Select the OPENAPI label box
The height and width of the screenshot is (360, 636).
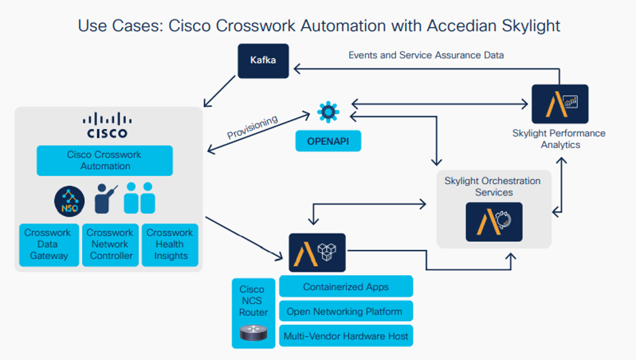coord(328,141)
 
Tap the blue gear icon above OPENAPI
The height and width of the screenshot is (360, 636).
coord(328,111)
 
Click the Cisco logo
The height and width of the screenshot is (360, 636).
coord(107,125)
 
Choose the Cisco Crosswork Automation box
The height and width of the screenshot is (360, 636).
coord(105,160)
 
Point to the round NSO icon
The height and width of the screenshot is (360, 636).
coord(69,200)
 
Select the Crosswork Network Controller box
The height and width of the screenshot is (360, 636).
coord(110,244)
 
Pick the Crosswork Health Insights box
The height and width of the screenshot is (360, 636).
coord(170,244)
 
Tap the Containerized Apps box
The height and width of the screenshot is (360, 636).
coord(346,286)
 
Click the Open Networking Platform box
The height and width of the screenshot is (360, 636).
coord(346,311)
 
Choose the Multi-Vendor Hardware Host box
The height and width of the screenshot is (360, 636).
coord(346,336)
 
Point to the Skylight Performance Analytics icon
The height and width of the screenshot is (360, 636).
coord(559,104)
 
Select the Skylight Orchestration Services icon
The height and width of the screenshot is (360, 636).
coord(494,221)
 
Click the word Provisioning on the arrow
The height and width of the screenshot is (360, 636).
coord(252,127)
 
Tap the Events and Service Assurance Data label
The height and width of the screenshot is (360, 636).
coord(426,55)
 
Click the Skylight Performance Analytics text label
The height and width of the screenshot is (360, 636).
coord(559,139)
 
